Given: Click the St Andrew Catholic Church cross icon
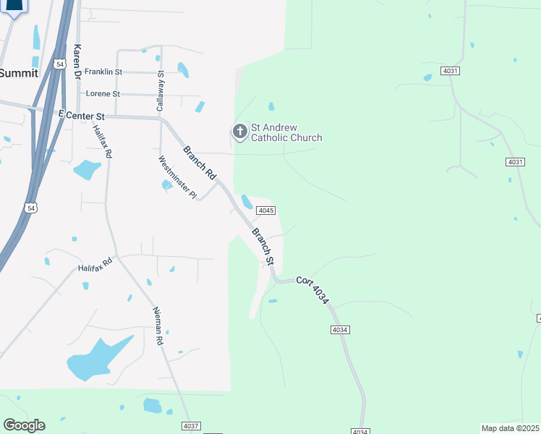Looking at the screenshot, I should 239,132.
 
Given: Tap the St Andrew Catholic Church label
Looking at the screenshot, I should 286,132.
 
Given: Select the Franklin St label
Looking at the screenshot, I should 103,72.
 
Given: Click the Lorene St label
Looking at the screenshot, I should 103,94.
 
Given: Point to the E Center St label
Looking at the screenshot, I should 81,115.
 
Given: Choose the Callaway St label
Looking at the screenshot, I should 161,90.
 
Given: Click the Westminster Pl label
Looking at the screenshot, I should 177,177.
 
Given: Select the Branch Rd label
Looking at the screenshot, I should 199,163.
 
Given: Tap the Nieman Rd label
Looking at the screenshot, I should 160,325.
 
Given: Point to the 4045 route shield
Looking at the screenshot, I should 265,210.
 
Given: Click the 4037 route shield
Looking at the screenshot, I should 191,426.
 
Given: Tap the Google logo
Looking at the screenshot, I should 24,425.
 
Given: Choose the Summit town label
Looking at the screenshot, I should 19,73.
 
